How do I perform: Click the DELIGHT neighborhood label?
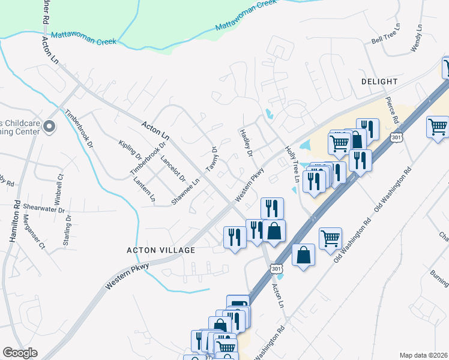coord(379,81)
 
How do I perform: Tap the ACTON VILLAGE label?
coord(161,250)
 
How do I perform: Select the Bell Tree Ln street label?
coord(385,40)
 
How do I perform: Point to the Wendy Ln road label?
coord(417,37)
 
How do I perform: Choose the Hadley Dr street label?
coord(246,143)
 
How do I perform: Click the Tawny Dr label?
coord(211,159)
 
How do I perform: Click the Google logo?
coord(20,353)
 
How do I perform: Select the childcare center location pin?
coord(50,127)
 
